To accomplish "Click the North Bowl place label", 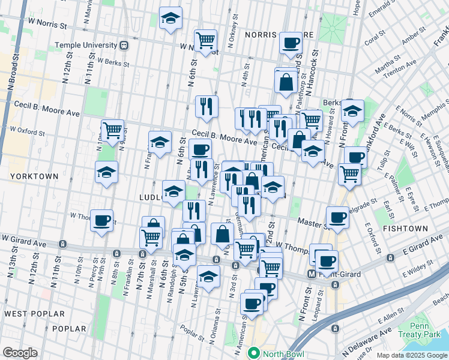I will pos(280,353).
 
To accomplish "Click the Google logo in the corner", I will pos(20,353).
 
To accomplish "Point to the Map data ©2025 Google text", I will pos(412,355).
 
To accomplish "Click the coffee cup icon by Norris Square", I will pos(291,43).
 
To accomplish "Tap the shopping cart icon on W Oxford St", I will pos(112,130).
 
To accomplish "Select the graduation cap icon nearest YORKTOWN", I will pos(107,172).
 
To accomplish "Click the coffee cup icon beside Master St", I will pos(337,217).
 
